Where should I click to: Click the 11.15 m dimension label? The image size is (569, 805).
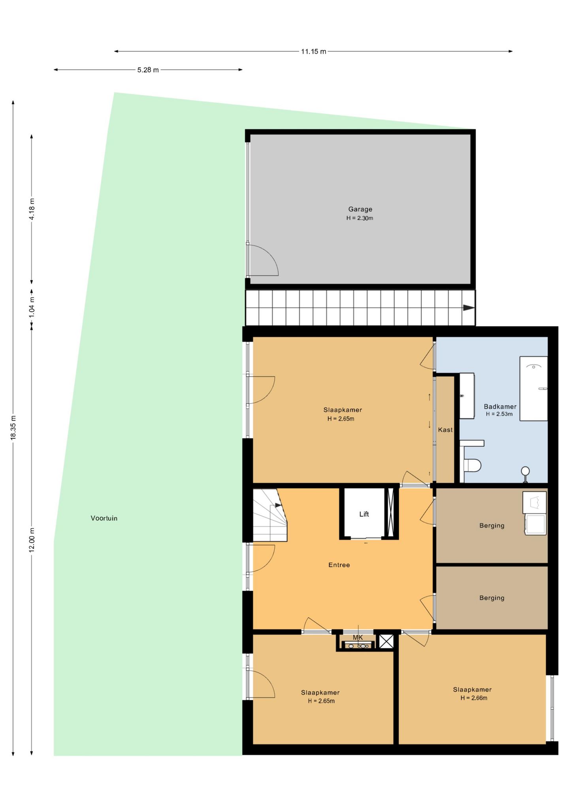313,51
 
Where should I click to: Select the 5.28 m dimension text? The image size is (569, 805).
148,70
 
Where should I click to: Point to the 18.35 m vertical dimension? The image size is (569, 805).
13,427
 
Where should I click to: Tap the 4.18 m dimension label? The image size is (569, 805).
32,209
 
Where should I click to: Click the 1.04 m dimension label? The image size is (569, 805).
32,306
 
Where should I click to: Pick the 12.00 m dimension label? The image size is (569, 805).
32,540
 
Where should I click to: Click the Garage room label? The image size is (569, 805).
360,209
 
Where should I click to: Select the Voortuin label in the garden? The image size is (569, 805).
104,518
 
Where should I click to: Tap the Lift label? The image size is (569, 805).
364,514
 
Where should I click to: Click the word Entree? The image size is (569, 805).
339,565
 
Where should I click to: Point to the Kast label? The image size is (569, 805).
445,430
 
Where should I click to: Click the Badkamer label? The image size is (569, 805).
500,406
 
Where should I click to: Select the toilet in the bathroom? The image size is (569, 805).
472,465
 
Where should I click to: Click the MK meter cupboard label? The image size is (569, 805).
358,637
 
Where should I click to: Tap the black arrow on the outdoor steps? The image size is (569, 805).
469,308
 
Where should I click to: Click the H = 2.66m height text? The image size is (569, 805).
473,698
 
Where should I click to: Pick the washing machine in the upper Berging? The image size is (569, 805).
535,524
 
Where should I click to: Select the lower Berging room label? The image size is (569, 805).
492,598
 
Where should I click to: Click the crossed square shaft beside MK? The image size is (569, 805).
386,641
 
